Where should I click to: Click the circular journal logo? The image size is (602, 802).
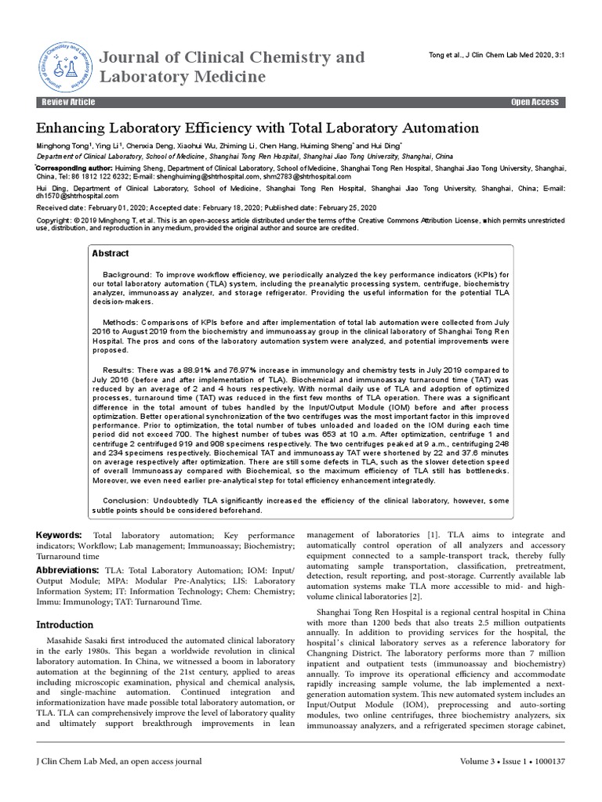pos(65,66)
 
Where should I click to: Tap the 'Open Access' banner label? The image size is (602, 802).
pos(535,103)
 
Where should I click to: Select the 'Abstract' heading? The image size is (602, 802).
pos(111,254)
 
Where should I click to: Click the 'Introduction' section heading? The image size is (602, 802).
pos(66,625)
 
